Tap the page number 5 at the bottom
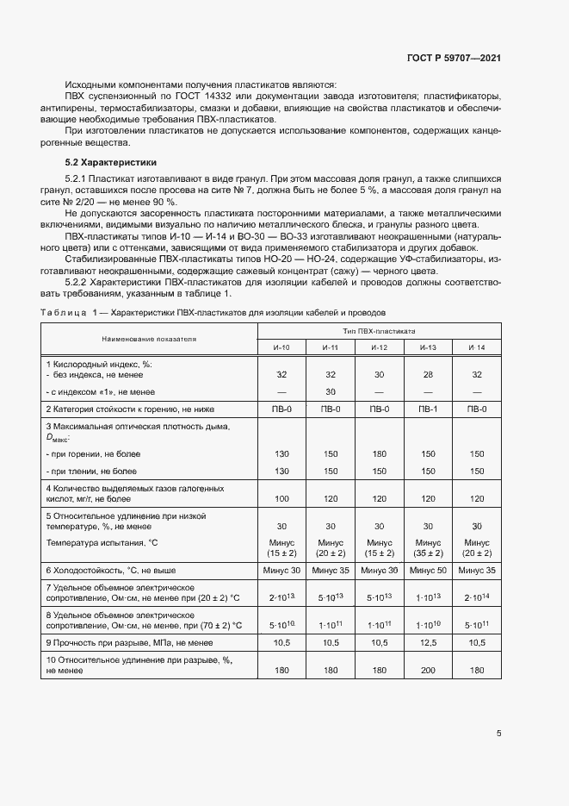499,734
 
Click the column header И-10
281,347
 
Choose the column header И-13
428,347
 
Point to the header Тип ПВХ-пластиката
379,330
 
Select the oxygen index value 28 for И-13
428,375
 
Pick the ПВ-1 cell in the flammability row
428,409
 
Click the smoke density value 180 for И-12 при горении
380,453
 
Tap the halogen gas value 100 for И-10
281,499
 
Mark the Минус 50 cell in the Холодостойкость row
428,570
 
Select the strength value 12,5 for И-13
428,642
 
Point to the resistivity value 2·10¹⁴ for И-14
476,597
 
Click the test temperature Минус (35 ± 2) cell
428,547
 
